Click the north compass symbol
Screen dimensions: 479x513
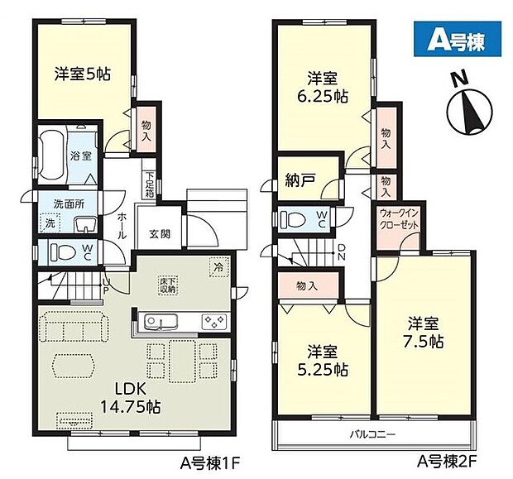pos(467,107)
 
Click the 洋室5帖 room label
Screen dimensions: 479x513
pos(82,73)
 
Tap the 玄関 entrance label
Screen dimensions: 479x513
pos(160,234)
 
